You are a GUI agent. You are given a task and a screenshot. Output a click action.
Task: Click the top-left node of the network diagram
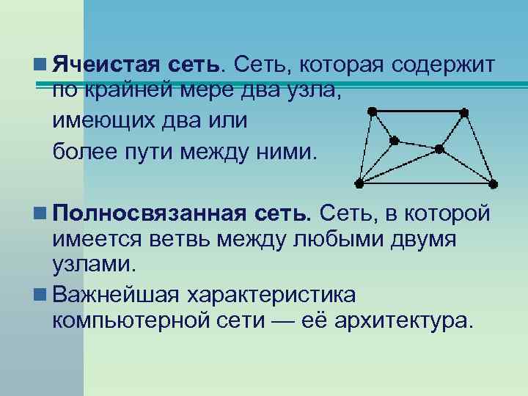[x=372, y=111]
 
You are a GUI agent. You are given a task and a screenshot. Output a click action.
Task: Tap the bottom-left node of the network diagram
[x=359, y=182]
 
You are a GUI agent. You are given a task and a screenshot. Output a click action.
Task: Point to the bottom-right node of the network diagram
[x=494, y=183]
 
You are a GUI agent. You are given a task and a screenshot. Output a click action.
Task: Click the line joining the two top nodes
[x=418, y=111]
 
